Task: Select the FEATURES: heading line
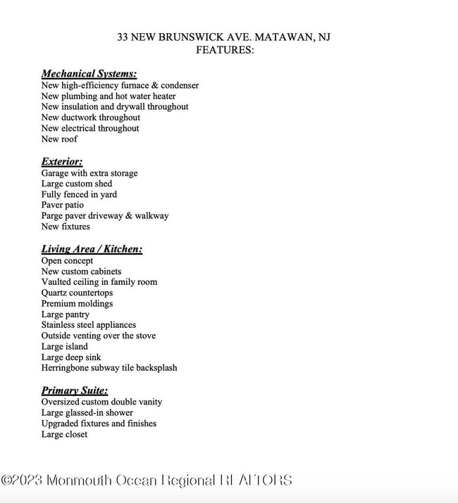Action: pyautogui.click(x=225, y=50)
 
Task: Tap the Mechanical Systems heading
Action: pyautogui.click(x=89, y=74)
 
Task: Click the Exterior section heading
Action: pyautogui.click(x=62, y=162)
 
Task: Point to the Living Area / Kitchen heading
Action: pyautogui.click(x=92, y=249)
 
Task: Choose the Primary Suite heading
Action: pyautogui.click(x=75, y=390)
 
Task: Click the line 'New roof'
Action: pyautogui.click(x=59, y=139)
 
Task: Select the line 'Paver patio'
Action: pyautogui.click(x=62, y=205)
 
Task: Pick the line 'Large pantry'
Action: pyautogui.click(x=65, y=314)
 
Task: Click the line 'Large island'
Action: pyautogui.click(x=64, y=347)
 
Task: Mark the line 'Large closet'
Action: pyautogui.click(x=64, y=435)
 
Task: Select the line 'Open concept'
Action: pyautogui.click(x=67, y=261)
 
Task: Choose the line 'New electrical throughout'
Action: pyautogui.click(x=90, y=129)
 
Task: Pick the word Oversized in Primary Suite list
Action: pyautogui.click(x=61, y=402)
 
